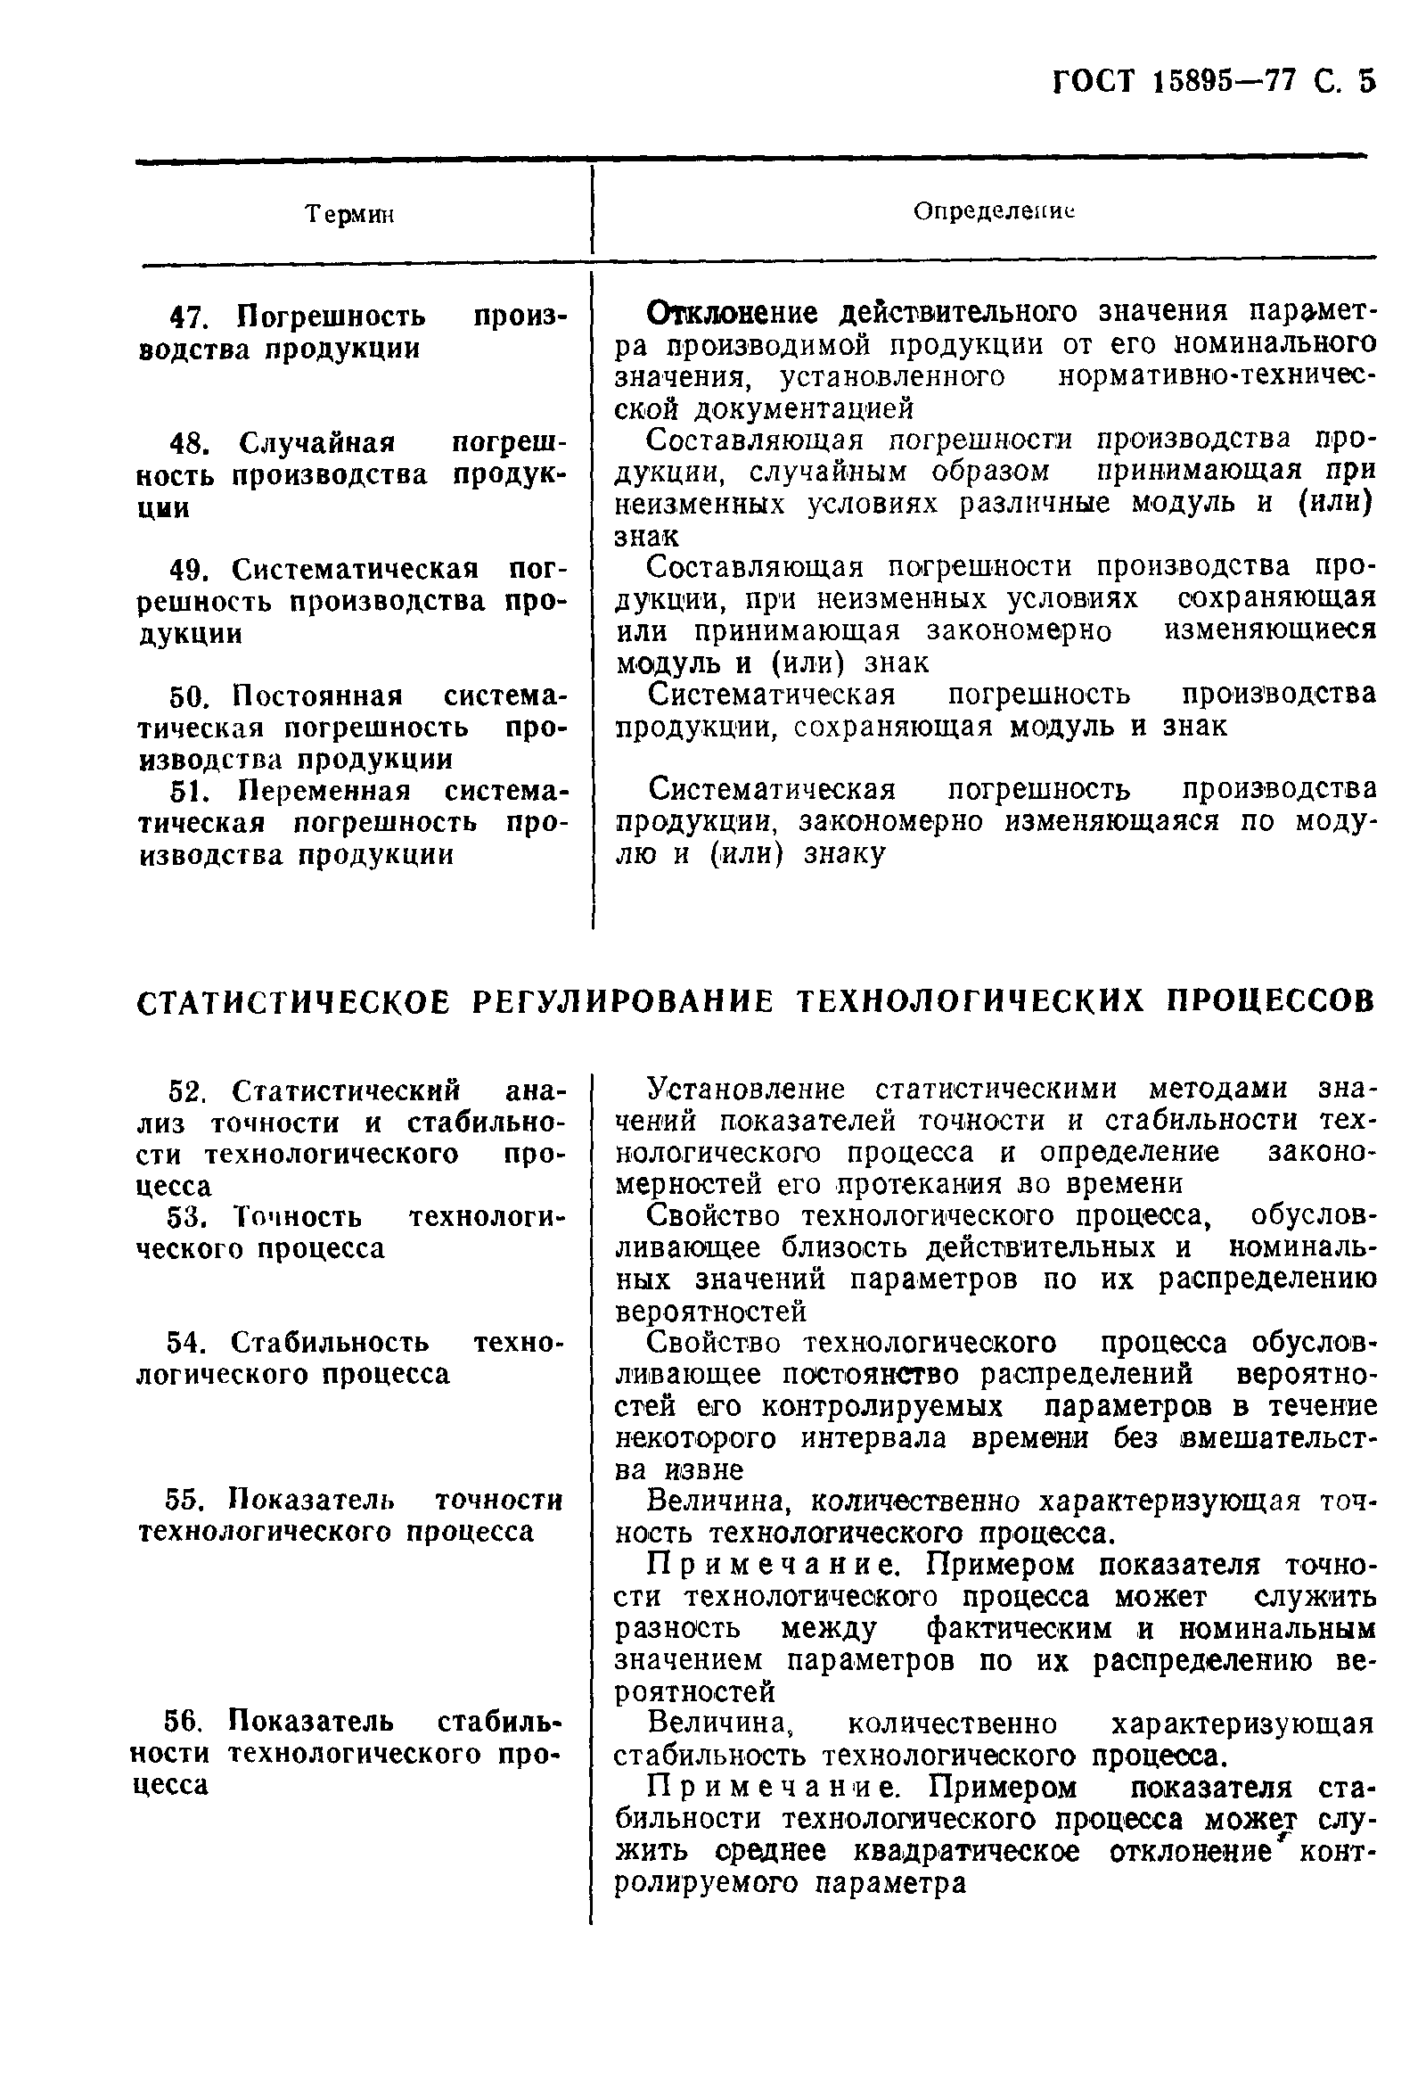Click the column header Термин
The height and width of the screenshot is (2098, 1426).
point(351,215)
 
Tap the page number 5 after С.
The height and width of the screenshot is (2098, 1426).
point(1366,82)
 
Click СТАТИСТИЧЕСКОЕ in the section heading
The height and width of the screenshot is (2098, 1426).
point(292,1002)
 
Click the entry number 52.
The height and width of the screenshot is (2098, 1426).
point(188,1091)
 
